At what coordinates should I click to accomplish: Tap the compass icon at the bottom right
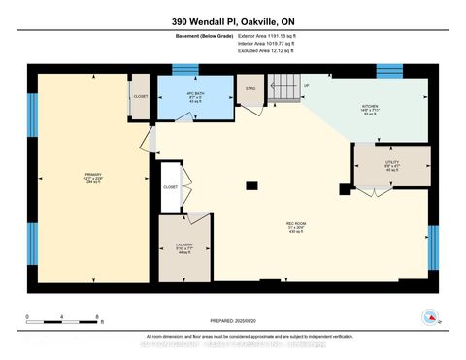point(428,315)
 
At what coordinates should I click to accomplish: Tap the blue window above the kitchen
point(389,69)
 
